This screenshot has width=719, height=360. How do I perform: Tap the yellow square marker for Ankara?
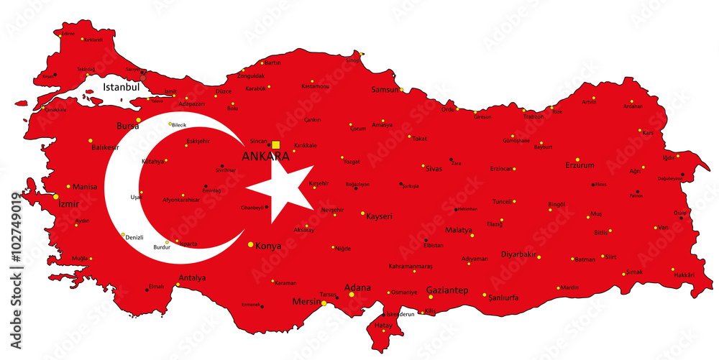point(275,144)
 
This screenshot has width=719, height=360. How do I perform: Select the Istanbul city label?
point(121,86)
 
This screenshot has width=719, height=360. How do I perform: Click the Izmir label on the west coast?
point(69,203)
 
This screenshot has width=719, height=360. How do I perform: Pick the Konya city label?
point(268,246)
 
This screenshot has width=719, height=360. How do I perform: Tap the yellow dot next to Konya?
point(251,245)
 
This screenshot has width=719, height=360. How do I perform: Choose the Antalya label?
point(191,278)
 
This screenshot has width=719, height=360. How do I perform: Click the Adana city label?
point(357,288)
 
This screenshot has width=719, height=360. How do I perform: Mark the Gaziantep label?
point(447,290)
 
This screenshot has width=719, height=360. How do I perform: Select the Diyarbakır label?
point(518,254)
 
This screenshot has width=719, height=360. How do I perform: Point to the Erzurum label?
point(580,165)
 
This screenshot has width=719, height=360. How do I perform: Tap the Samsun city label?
point(385,90)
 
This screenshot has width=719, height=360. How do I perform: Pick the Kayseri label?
point(378,216)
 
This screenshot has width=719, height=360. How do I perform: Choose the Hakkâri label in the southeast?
point(683,274)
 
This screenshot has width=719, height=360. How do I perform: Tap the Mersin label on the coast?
point(306,302)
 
